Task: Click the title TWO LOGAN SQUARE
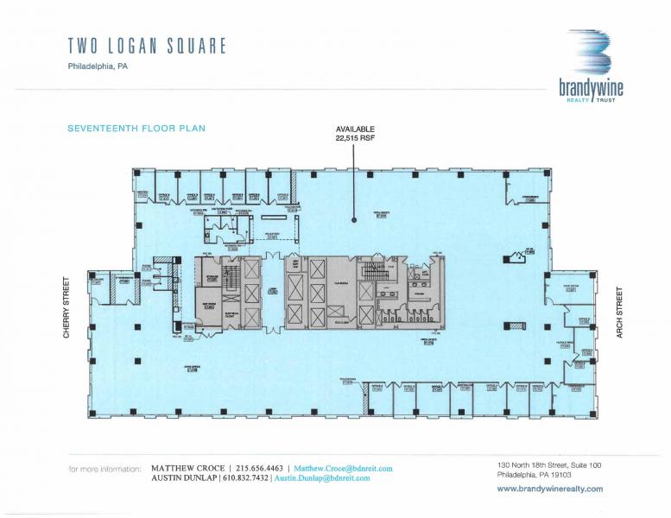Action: (147, 46)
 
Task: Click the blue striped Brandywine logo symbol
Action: (590, 54)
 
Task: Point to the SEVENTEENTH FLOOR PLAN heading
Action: (136, 129)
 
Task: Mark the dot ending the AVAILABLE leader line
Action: (354, 220)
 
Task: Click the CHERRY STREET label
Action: (66, 306)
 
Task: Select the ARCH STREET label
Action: (619, 311)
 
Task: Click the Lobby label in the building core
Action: (273, 291)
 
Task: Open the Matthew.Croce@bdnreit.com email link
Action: (343, 468)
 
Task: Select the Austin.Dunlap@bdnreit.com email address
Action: (321, 477)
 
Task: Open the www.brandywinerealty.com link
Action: (550, 489)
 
